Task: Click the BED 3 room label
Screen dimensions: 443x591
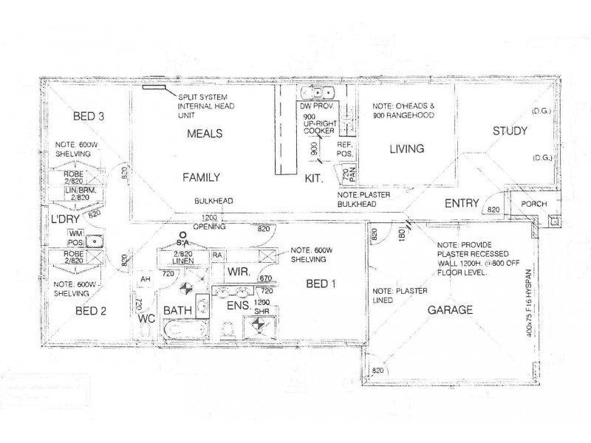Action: coord(88,117)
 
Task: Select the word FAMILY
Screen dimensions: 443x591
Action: coord(202,177)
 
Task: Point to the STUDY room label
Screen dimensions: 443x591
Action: coord(510,132)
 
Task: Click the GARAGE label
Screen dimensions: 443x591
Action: coord(451,310)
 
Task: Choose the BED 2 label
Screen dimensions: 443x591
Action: coord(92,311)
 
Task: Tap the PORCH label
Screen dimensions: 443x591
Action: coord(533,205)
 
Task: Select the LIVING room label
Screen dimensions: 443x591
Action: coord(406,149)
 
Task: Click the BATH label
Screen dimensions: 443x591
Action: coord(177,310)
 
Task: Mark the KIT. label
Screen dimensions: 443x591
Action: coord(315,178)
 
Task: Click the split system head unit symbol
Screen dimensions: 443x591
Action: coord(154,87)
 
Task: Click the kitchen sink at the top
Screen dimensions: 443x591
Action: coord(320,93)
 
